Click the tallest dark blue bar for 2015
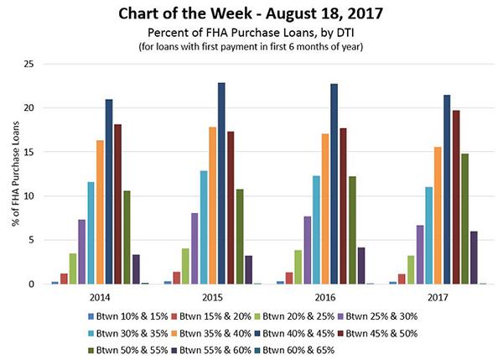tap(221, 184)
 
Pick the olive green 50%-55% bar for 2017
tap(464, 219)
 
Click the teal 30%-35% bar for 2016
tap(316, 230)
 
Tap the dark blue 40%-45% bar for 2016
tap(334, 184)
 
